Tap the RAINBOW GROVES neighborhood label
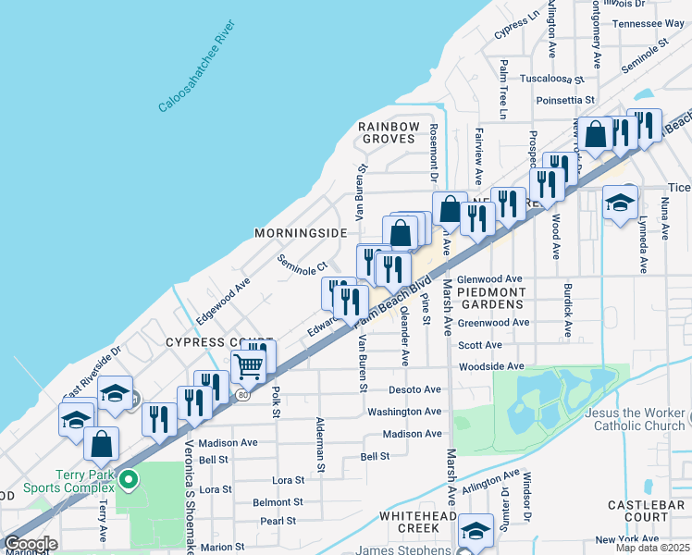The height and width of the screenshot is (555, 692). (389, 132)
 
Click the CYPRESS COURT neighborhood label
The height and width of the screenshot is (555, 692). (219, 342)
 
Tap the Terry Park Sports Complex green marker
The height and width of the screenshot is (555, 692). (130, 480)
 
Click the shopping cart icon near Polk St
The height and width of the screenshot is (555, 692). (248, 366)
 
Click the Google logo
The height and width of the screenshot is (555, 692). (31, 544)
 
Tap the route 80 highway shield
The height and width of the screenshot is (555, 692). (242, 395)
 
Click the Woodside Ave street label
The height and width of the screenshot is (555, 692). (492, 367)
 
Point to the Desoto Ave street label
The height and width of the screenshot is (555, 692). (414, 389)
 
